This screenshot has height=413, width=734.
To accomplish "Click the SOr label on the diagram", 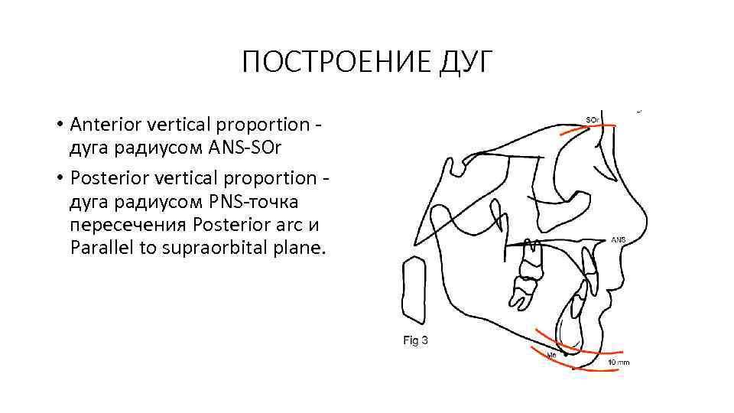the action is pos(593,120).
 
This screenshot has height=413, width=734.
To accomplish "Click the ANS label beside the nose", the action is pos(618,239).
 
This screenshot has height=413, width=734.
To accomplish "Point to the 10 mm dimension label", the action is pos(619,362).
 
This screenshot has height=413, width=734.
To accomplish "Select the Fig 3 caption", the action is pos(415,340).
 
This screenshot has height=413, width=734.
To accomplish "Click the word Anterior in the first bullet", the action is pos(103,124).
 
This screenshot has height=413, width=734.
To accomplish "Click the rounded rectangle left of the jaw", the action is pos(413,291).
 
